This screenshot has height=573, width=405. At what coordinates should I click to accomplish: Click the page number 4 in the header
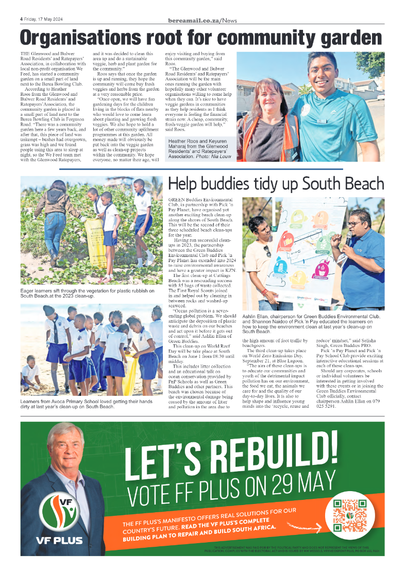21,20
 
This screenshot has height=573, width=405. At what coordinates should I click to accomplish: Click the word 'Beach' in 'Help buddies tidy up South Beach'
360,184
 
